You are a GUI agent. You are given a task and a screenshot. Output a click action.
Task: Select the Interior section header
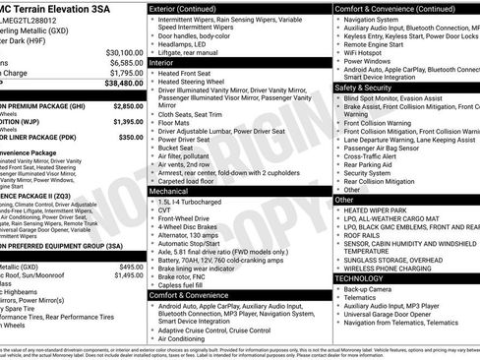tap(161, 61)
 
